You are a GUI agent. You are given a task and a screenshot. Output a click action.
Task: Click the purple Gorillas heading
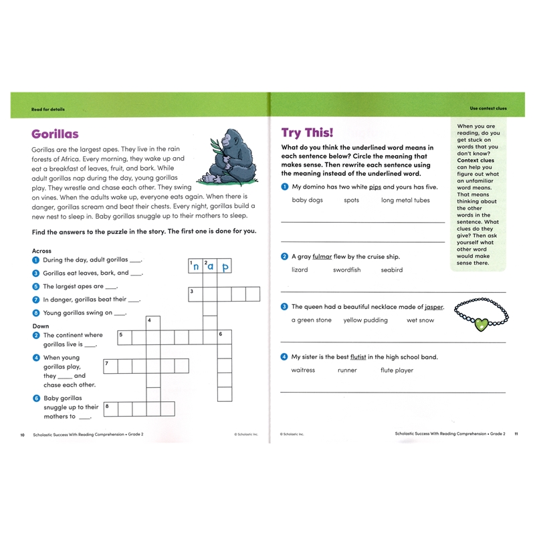(55, 134)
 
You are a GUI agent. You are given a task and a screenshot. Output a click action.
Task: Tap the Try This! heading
(307, 132)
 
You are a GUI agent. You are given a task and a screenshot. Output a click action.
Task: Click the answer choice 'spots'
(351, 201)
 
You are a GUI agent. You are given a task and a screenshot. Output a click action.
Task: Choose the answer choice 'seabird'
(392, 270)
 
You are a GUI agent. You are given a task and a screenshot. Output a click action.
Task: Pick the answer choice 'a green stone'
(311, 320)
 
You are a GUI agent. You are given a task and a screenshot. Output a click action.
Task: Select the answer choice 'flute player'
(397, 370)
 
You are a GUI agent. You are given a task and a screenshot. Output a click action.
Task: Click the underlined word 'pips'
(374, 187)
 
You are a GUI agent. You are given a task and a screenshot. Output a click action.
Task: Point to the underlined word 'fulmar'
(321, 257)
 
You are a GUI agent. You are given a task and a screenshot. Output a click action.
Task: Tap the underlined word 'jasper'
(433, 307)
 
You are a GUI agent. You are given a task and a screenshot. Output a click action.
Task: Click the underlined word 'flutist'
(358, 357)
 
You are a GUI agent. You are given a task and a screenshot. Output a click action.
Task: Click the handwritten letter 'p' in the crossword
(225, 266)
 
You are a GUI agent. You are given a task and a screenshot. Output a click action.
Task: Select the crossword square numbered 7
(110, 366)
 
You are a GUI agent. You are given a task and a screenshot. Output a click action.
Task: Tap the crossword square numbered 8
(110, 409)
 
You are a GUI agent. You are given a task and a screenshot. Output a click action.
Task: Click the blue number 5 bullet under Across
(35, 286)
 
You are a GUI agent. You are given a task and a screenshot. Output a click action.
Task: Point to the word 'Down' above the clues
(40, 326)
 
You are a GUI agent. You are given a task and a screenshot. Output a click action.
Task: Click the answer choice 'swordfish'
(346, 270)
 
